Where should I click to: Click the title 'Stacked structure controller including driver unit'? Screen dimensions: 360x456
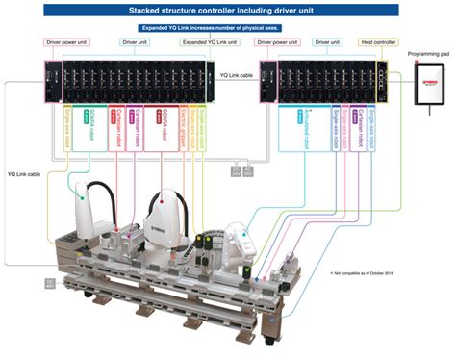(227, 10)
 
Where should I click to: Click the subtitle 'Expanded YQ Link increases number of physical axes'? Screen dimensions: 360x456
(228, 28)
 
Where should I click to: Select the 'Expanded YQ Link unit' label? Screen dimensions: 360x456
(205, 43)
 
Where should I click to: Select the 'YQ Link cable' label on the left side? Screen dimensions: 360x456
(24, 175)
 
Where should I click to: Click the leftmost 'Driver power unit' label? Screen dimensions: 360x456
(64, 43)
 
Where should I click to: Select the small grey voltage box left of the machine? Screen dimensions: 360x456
(51, 283)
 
